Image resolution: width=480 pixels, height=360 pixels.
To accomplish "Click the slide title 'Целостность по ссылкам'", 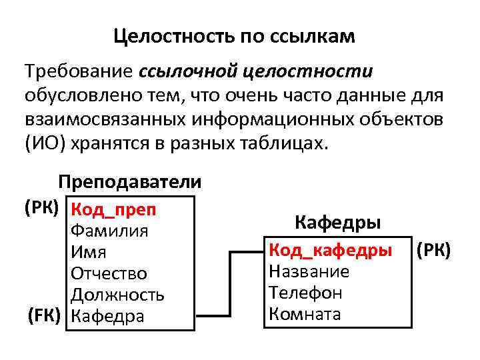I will [234, 35].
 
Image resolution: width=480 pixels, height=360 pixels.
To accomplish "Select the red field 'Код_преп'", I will [113, 210].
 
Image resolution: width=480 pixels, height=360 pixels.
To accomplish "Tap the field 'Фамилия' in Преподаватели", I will [109, 231].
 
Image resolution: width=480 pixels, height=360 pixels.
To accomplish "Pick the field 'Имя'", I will [89, 253].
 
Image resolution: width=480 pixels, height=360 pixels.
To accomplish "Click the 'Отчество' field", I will [109, 274].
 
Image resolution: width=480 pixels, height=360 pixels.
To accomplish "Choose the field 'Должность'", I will [117, 295].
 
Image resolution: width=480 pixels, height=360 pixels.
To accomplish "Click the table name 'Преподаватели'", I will [129, 182].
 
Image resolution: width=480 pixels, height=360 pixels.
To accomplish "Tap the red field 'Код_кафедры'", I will [329, 251].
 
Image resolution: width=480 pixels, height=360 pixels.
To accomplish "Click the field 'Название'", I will [309, 271].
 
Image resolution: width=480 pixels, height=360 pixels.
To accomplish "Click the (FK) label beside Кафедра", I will [44, 315].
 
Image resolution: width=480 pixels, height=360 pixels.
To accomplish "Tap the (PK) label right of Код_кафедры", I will [433, 251].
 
